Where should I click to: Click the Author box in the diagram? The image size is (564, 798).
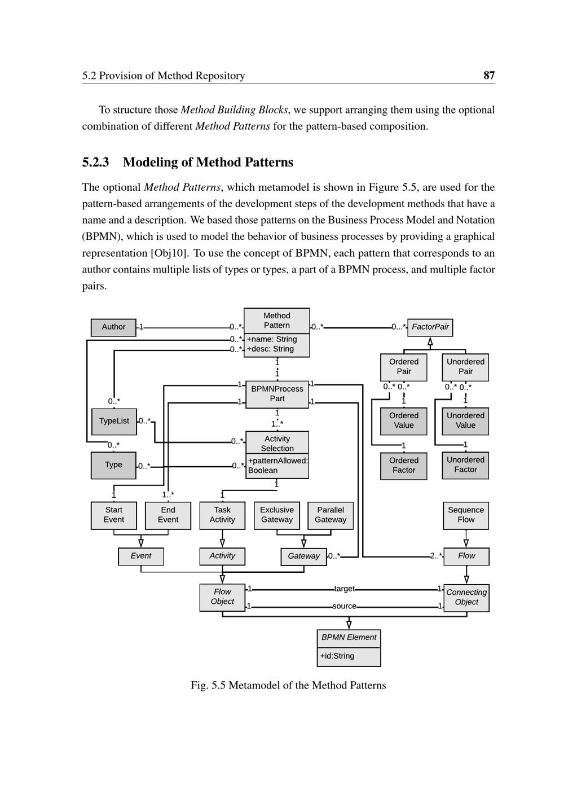113,327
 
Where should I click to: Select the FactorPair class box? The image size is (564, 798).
430,327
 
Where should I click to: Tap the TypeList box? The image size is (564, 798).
114,421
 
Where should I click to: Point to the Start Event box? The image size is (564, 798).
113,515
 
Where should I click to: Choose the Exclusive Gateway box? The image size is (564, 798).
277,515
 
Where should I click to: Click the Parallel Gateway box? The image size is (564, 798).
331,515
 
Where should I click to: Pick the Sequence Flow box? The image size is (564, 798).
466,515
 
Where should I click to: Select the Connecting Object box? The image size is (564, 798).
466,598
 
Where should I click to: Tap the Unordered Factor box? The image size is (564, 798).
465,465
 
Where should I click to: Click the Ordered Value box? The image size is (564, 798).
404,421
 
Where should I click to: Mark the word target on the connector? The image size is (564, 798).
345,589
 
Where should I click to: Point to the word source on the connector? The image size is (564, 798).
345,606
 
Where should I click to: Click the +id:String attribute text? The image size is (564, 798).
337,656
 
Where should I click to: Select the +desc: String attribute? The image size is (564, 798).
270,349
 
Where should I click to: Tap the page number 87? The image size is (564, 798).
489,75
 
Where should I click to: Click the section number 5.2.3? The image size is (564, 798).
95,163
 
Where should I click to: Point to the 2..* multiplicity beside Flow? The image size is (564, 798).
436,556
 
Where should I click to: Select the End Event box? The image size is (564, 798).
168,515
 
